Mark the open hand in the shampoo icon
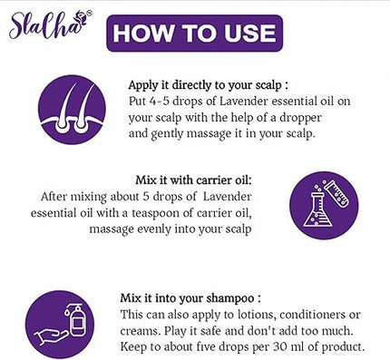tap(54, 340)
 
